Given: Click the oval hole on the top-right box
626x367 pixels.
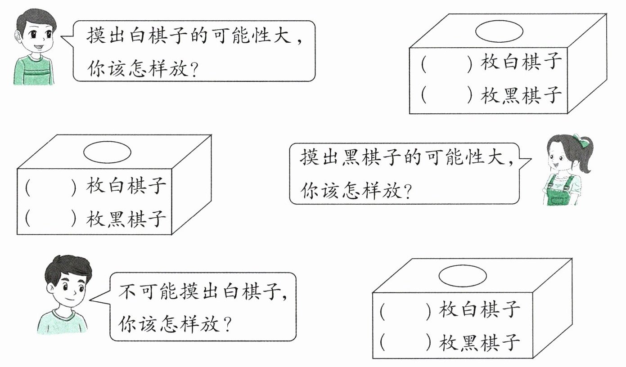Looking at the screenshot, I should (x=499, y=31).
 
